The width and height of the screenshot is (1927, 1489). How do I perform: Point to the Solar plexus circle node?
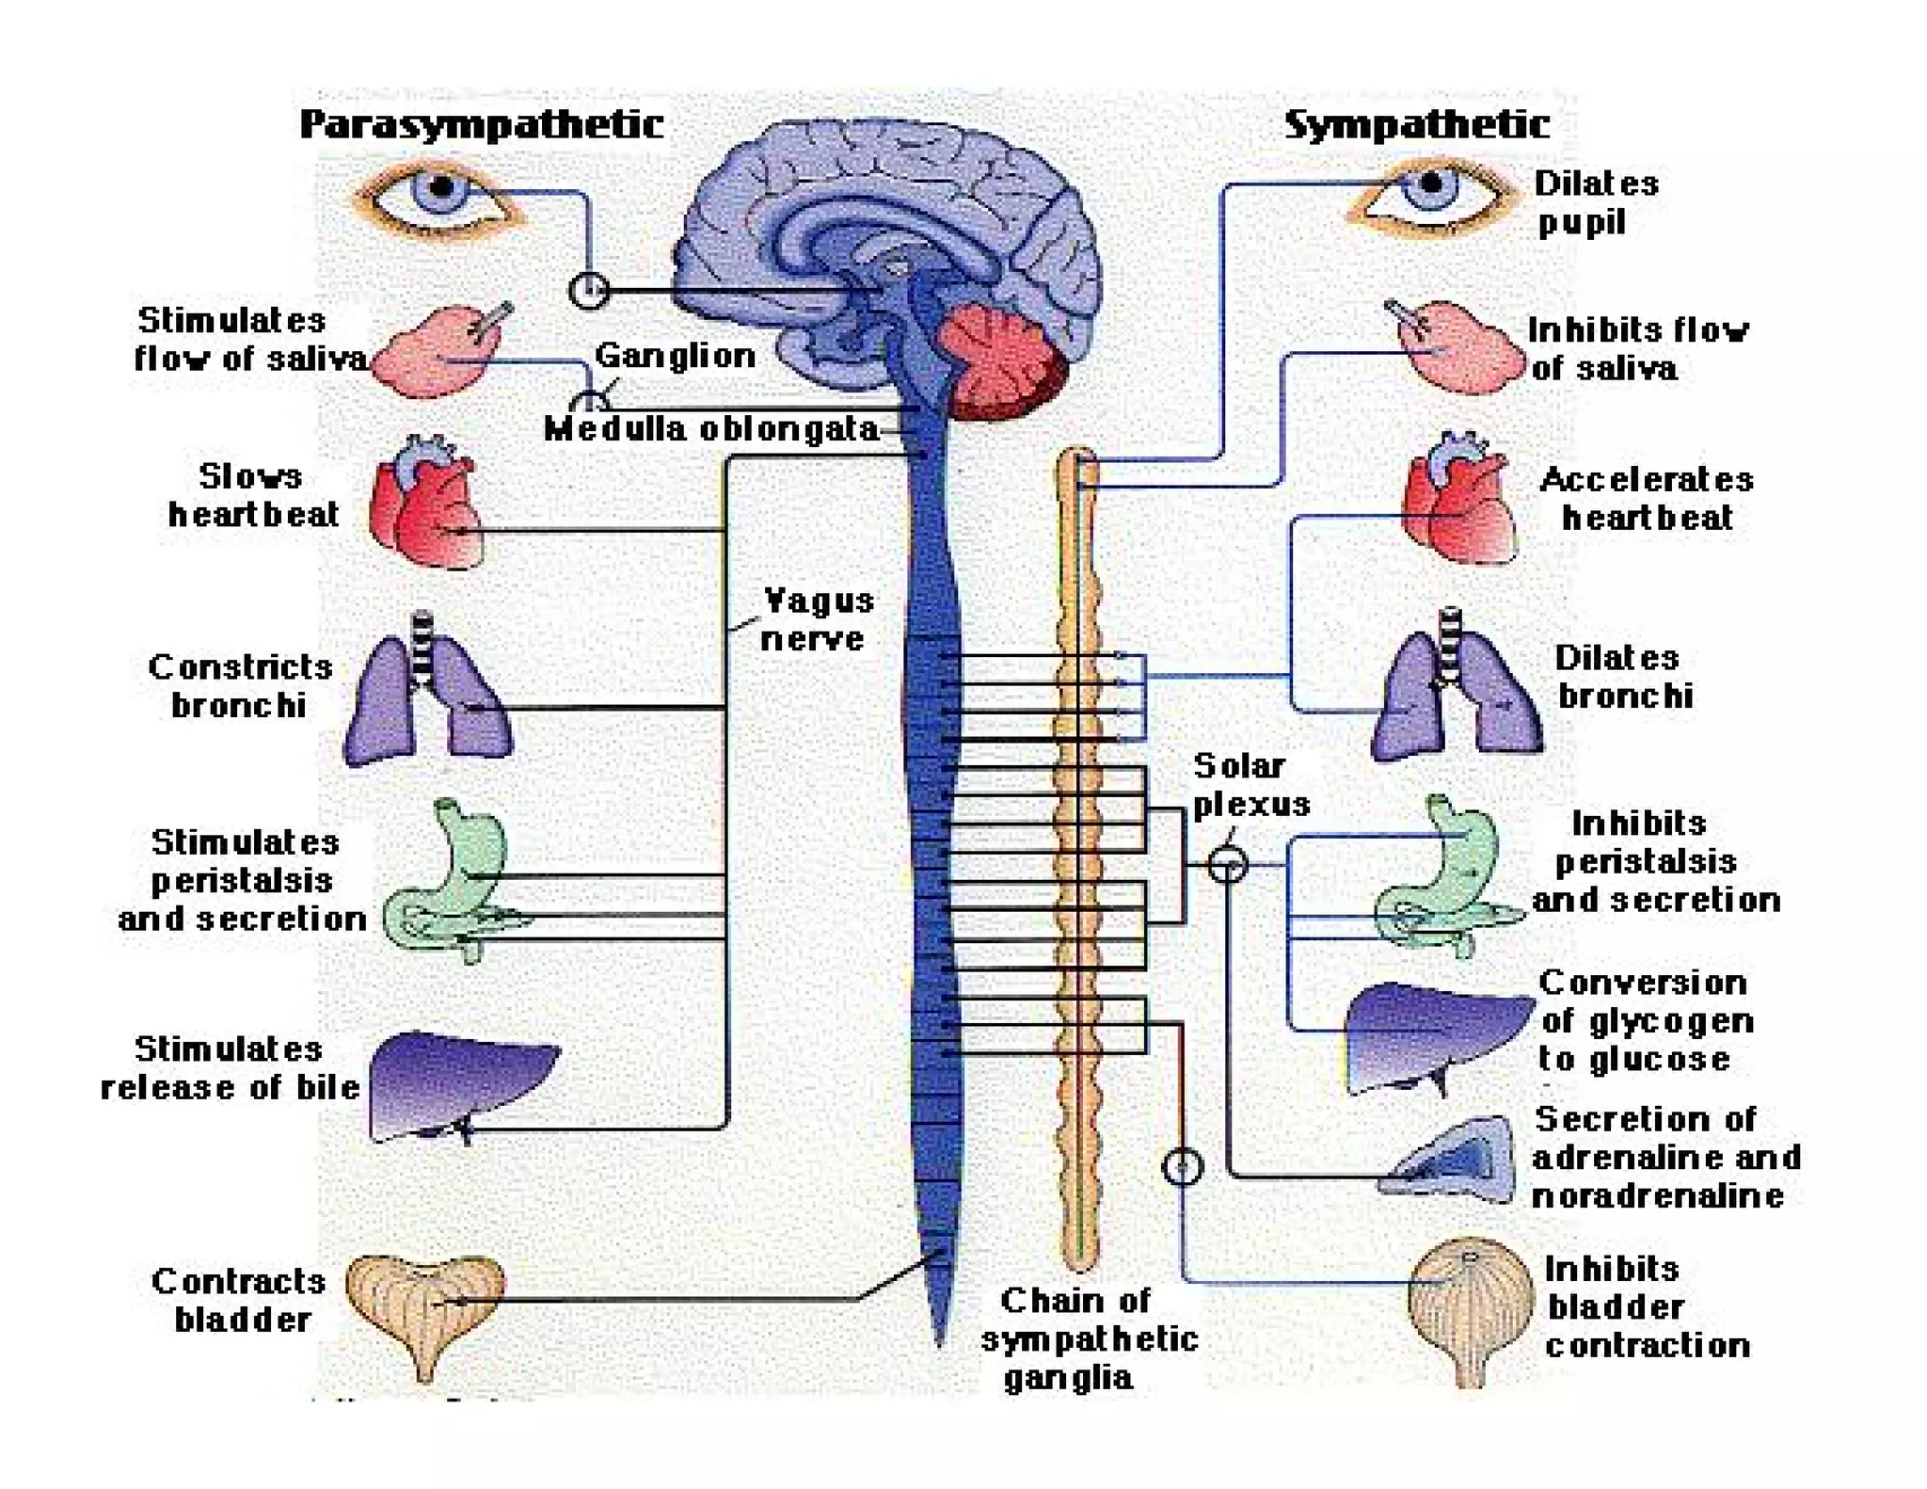pos(1227,863)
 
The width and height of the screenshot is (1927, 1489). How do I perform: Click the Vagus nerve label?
pos(817,619)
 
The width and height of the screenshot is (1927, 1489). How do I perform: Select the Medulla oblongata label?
pos(710,429)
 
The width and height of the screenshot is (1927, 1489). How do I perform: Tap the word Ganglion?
pos(675,356)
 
